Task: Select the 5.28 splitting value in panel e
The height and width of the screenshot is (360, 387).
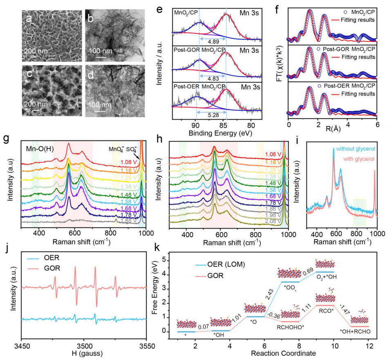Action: click(x=213, y=116)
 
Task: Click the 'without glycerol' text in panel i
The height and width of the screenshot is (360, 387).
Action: click(x=355, y=149)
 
